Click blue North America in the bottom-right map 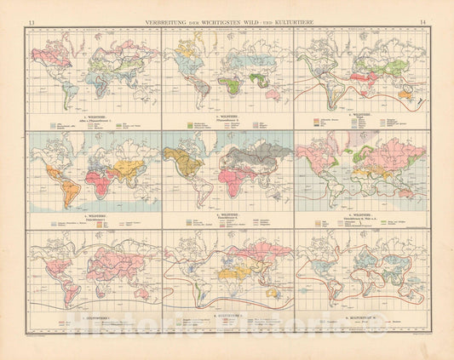point(324,255)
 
